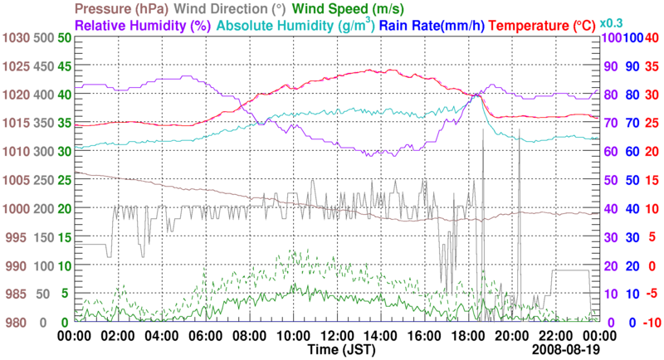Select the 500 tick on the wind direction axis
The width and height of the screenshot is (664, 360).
42,37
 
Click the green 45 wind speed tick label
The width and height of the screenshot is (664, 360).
64,66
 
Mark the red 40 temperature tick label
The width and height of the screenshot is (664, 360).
652,37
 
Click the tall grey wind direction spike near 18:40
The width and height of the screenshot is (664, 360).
482,166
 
